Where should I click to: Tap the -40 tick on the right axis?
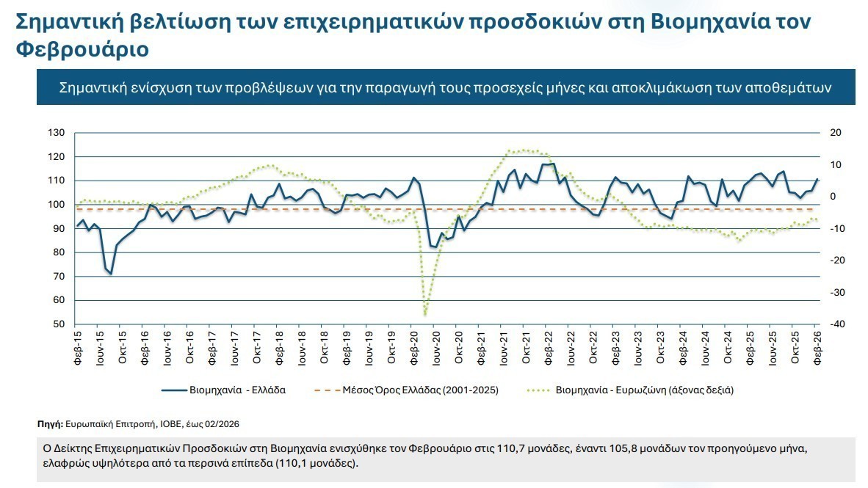(x=836, y=324)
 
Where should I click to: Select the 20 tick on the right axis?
(x=834, y=133)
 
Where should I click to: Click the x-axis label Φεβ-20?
(x=414, y=348)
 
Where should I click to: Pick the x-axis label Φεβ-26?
(x=817, y=348)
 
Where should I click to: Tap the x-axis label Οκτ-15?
(x=123, y=348)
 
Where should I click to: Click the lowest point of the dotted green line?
(x=425, y=314)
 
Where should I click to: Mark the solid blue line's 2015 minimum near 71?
(x=111, y=274)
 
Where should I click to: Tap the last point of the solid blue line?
(x=817, y=179)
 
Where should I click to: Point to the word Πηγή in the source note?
(x=49, y=424)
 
